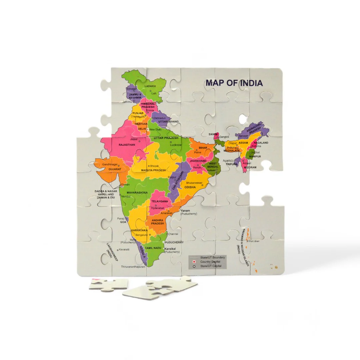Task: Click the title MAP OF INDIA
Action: click(x=234, y=83)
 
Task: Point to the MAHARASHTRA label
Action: click(x=137, y=193)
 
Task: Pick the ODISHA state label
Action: click(x=190, y=187)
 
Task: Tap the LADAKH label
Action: click(x=150, y=86)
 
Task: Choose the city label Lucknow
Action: click(x=176, y=145)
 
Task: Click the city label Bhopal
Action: click(x=154, y=166)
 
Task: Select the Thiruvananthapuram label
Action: click(x=133, y=267)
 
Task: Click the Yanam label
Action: click(x=185, y=211)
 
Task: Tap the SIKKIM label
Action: click(x=213, y=134)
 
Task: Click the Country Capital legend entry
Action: click(x=210, y=262)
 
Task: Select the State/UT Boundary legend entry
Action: click(x=212, y=257)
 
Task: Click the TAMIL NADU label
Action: click(x=153, y=248)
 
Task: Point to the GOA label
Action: click(x=123, y=222)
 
